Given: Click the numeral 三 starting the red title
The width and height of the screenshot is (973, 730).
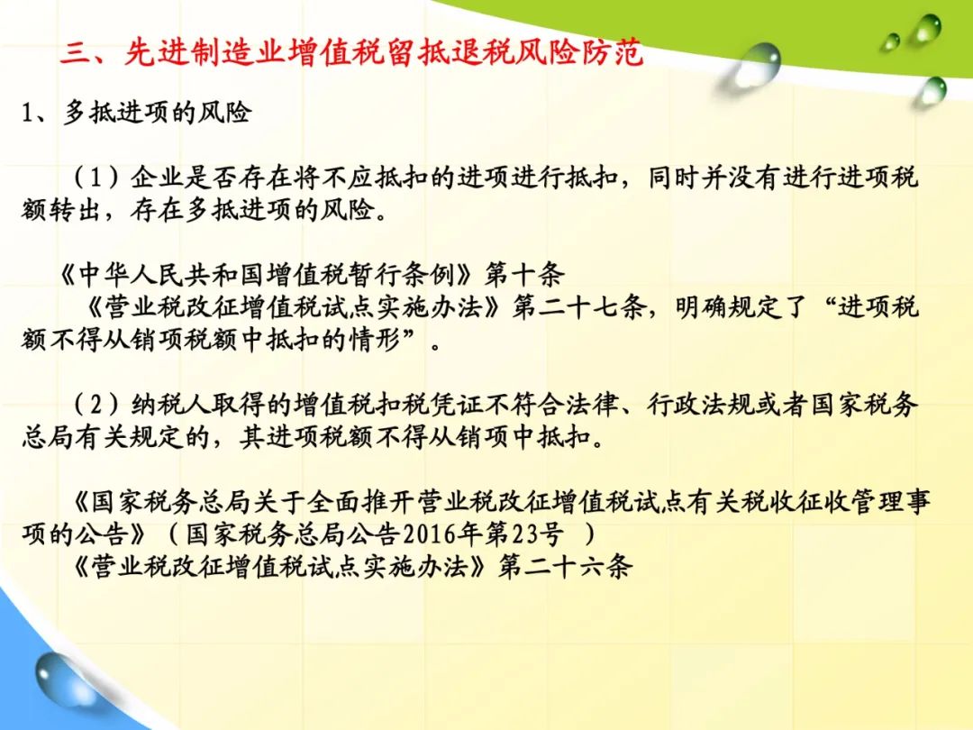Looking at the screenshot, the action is [x=76, y=51].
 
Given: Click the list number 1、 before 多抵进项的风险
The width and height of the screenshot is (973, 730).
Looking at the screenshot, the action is [x=35, y=113].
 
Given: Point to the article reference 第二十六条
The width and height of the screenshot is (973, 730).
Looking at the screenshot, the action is [x=565, y=566].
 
